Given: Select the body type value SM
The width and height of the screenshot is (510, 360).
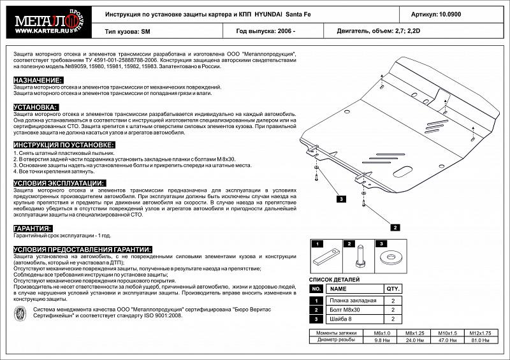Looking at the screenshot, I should click(145, 31).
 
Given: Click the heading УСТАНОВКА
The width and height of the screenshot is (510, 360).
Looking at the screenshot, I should click(36, 107).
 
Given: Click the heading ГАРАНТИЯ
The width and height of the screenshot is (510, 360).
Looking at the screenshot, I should click(33, 227).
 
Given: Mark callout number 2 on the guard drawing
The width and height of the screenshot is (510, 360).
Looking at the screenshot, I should click(395, 227).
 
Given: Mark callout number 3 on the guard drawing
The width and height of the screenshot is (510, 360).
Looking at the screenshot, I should click(341, 199).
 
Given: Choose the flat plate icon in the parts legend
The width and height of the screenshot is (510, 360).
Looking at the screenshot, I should click(324, 259).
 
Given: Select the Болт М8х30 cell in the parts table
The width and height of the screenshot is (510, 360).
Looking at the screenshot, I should click(347, 310).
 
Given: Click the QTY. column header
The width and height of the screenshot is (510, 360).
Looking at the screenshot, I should click(393, 288).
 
